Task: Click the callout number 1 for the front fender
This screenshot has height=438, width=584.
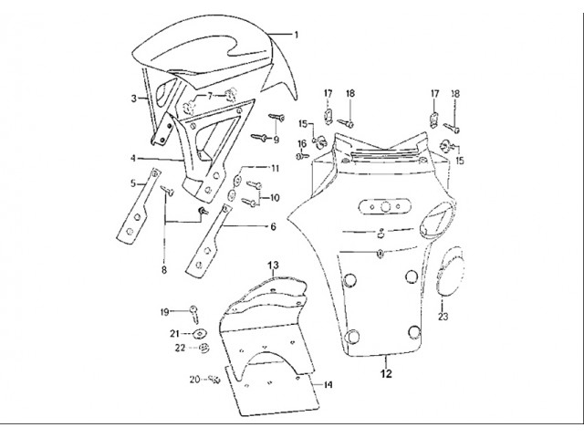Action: pyautogui.click(x=297, y=35)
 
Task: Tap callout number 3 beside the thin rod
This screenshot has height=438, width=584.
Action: pyautogui.click(x=134, y=99)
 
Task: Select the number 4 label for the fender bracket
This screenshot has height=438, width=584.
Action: pyautogui.click(x=133, y=159)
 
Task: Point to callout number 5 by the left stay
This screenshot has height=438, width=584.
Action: pyautogui.click(x=133, y=183)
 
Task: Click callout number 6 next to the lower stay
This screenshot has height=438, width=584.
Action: pyautogui.click(x=273, y=226)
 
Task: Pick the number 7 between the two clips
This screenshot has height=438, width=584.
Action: pyautogui.click(x=210, y=96)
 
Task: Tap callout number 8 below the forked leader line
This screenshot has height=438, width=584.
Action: pyautogui.click(x=164, y=270)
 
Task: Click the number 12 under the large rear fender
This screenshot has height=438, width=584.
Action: pyautogui.click(x=387, y=373)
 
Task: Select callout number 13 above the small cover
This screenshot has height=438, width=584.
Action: pyautogui.click(x=273, y=266)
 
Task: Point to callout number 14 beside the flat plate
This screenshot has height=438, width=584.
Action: pyautogui.click(x=327, y=385)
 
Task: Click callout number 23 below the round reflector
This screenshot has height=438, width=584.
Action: pyautogui.click(x=443, y=317)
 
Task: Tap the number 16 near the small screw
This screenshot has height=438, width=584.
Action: pyautogui.click(x=302, y=144)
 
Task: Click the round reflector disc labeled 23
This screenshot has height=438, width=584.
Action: pyautogui.click(x=451, y=271)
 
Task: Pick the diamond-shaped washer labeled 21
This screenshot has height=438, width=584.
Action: pyautogui.click(x=200, y=333)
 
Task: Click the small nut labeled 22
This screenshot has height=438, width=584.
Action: pyautogui.click(x=204, y=349)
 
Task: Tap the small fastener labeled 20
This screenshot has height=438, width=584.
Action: pyautogui.click(x=214, y=380)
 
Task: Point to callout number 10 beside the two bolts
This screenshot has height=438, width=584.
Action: pyautogui.click(x=275, y=197)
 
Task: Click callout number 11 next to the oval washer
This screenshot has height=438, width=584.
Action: pyautogui.click(x=275, y=169)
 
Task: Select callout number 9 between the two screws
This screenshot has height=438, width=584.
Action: pyautogui.click(x=276, y=140)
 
